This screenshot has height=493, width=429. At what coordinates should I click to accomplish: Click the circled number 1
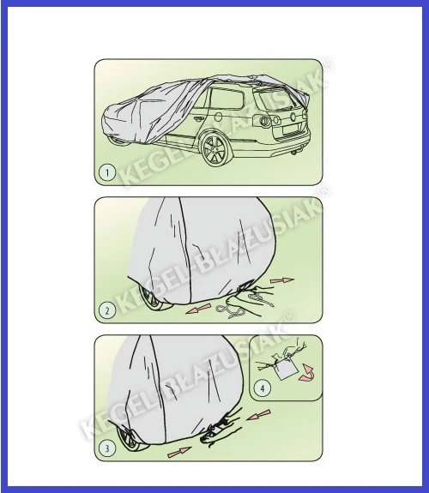[106, 171]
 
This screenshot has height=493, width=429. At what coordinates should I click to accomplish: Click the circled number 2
[106, 310]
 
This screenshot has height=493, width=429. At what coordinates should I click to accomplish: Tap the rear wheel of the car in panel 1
[213, 153]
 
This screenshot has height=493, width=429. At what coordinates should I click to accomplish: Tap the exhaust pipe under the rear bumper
[295, 156]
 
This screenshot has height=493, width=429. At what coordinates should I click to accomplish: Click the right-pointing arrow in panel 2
[281, 280]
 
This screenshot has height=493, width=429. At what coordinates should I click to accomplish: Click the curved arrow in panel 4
[305, 374]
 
